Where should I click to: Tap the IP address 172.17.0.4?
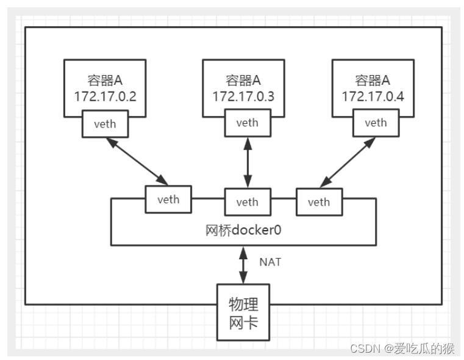[x=373, y=96]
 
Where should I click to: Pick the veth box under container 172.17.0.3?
[x=248, y=123]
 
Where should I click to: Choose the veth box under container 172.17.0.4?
[x=376, y=123]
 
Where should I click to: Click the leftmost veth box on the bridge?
[x=168, y=200]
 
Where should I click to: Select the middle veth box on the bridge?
[x=248, y=202]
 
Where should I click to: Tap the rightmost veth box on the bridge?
[x=318, y=202]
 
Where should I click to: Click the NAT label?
[x=270, y=262]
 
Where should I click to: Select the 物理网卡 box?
[x=243, y=312]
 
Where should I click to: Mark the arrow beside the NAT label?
[x=244, y=264]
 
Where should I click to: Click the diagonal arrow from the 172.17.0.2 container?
[x=137, y=161]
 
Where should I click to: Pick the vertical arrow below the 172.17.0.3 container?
[x=248, y=162]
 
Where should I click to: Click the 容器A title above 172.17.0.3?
[x=243, y=80]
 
